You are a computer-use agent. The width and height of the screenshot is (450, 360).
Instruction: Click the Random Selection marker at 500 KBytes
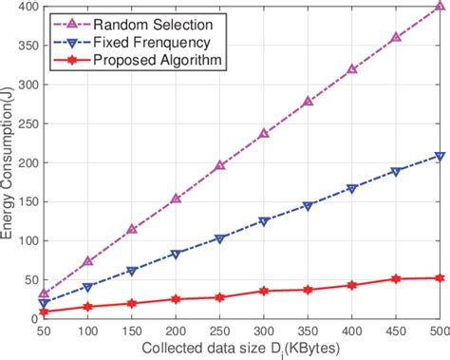[438, 6]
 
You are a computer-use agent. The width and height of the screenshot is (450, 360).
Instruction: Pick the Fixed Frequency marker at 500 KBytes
[438, 156]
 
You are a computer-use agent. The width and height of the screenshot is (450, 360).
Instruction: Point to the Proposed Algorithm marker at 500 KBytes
[438, 278]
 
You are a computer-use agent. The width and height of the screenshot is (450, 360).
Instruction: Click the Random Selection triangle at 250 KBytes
[220, 165]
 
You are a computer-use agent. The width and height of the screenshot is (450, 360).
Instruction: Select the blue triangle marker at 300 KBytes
[264, 221]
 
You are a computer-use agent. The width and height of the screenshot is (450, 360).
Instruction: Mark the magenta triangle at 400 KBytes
[351, 68]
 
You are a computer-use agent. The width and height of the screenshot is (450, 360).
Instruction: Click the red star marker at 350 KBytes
[308, 290]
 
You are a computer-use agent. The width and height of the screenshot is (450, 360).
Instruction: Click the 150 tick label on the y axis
[27, 201]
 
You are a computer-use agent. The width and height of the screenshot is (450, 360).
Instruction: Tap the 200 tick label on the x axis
[176, 332]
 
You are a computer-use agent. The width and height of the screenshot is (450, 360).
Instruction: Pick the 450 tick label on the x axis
[394, 332]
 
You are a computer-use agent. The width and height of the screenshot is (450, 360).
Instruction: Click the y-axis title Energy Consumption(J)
[9, 161]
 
